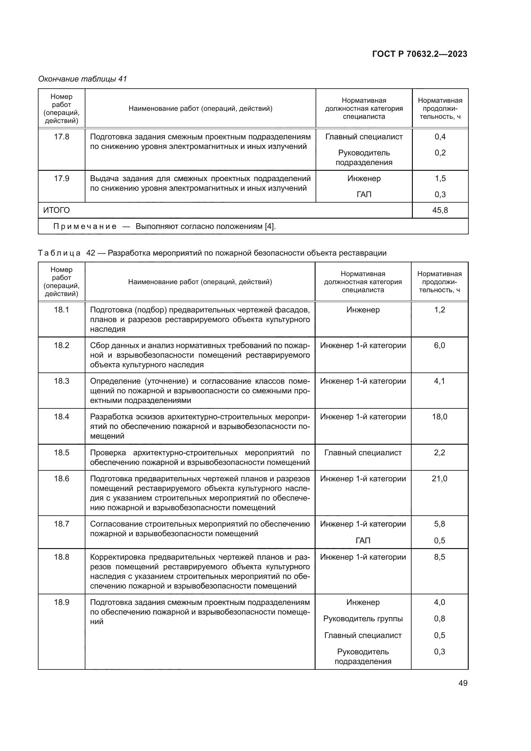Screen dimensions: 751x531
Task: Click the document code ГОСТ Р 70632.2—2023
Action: coord(420,54)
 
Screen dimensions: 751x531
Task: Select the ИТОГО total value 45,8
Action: coord(440,210)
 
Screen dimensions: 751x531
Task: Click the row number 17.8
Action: coord(61,137)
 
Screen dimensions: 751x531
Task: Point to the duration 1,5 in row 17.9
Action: coord(440,179)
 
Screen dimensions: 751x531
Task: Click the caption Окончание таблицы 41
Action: coord(83,79)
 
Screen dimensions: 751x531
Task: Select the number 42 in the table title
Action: coord(91,253)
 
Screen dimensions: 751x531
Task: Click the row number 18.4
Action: coord(61,417)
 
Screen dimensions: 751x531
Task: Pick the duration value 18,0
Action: coord(440,417)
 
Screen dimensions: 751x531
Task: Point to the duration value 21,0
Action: coord(440,479)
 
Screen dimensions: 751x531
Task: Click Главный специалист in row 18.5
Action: coord(362,453)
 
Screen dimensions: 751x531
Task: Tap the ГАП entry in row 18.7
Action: coord(362,541)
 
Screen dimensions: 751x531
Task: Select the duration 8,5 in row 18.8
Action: coord(440,557)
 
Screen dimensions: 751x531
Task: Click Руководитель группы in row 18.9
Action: coord(362,618)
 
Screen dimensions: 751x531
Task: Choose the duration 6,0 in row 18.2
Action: coord(440,345)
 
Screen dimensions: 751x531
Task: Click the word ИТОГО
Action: coord(57,210)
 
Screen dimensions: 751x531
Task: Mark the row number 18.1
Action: coord(61,310)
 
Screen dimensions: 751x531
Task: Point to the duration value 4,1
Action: coord(440,381)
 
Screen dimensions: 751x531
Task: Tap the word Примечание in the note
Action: coord(85,226)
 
